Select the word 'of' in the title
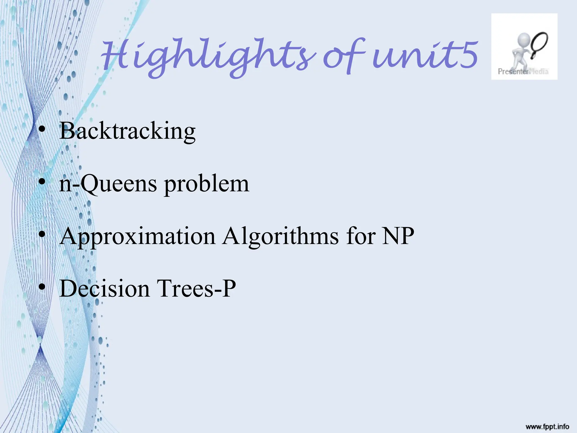(344, 56)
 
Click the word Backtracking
(127, 131)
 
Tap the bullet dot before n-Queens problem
(42, 182)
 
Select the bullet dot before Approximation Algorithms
(42, 234)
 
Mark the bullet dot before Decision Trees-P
(42, 287)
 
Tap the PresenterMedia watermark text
(523, 71)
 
